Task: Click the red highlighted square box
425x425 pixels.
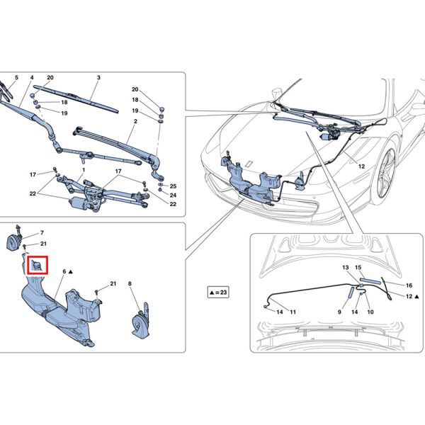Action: click(x=37, y=266)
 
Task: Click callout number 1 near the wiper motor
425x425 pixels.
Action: click(x=83, y=171)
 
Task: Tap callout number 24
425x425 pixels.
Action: click(x=172, y=195)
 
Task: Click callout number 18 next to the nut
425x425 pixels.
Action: click(x=64, y=103)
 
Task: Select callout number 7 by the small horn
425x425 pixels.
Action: click(x=41, y=233)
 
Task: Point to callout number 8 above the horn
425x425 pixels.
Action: click(x=130, y=284)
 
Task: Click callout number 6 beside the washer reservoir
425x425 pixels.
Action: click(x=64, y=271)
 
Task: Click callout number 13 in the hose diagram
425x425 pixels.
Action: click(x=346, y=268)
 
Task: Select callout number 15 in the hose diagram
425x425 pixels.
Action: click(x=358, y=268)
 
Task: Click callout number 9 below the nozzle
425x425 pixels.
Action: click(x=339, y=312)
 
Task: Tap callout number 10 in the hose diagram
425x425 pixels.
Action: click(x=370, y=312)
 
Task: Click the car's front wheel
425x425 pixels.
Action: click(x=387, y=174)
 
